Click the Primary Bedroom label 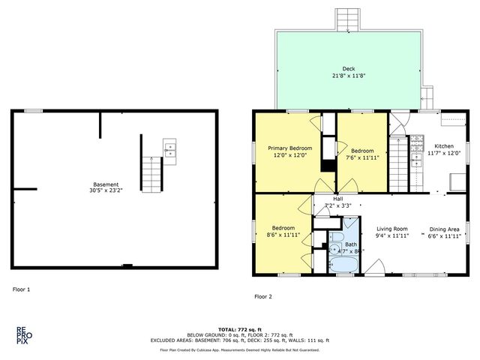289,148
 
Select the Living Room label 391,229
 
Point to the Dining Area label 444,229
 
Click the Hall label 337,199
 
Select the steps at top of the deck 348,19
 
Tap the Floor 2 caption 263,296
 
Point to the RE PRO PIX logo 24,334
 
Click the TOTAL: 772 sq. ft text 239,329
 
